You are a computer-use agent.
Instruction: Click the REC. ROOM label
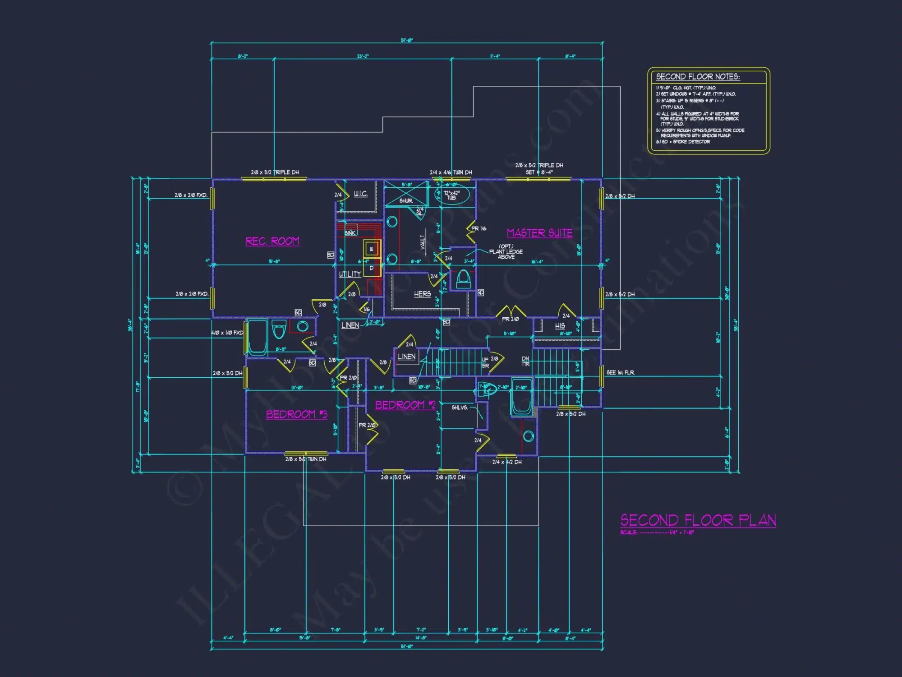tap(272, 241)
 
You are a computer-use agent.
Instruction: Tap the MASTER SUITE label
tap(539, 233)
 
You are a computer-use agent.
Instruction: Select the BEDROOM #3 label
tap(296, 414)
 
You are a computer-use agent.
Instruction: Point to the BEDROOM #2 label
tap(405, 405)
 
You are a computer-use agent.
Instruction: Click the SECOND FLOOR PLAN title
tap(698, 520)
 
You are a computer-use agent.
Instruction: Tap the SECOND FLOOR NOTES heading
tap(697, 77)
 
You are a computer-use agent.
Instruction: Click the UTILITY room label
tap(350, 274)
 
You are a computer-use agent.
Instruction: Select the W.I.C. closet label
tap(360, 194)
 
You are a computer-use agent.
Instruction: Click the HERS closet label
tap(423, 294)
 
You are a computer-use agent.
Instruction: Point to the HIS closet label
tap(560, 325)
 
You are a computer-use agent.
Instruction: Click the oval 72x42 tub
tap(452, 195)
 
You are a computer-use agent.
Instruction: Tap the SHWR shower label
tap(405, 201)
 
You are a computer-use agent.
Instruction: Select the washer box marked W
tap(372, 249)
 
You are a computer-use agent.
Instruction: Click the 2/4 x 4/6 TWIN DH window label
tap(451, 172)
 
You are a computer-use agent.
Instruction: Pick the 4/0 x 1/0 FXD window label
tap(227, 333)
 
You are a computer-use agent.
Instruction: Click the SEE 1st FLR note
tap(620, 372)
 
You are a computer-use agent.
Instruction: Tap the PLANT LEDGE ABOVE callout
tap(506, 252)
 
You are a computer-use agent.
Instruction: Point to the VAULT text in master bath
tap(423, 241)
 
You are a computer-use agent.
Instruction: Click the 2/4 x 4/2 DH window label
tap(506, 462)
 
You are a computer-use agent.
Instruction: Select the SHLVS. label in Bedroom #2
tap(460, 408)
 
